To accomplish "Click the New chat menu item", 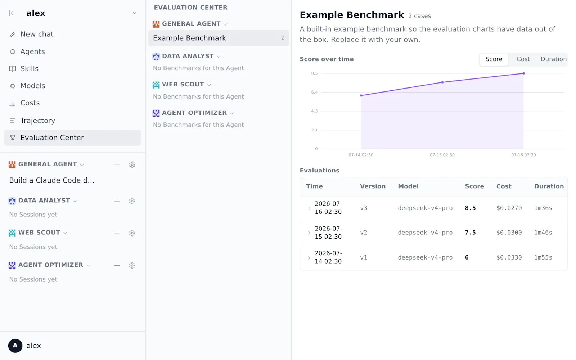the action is coord(37,34).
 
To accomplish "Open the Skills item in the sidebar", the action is coord(29,69).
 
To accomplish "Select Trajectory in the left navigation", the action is coord(37,121).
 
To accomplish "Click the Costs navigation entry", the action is coord(30,103).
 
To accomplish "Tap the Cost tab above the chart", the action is coord(523,59).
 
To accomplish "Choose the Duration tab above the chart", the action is coord(553,59).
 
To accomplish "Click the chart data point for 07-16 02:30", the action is coord(523,73).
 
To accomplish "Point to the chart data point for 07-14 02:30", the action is coord(361,96).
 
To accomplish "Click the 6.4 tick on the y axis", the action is coord(314,92).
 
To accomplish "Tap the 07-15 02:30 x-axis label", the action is coord(442,155).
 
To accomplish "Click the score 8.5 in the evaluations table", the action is coord(470,208).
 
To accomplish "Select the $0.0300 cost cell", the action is coord(509,233).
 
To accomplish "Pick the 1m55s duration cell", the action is coord(543,257).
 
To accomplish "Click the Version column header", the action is coord(373,186).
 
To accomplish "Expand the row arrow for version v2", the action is coord(309,233).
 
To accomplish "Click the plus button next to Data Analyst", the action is coord(117,201).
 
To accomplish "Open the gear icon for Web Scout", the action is coord(132,233).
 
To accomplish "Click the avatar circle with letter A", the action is coord(15,346).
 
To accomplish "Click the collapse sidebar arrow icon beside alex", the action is coord(11,13).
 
